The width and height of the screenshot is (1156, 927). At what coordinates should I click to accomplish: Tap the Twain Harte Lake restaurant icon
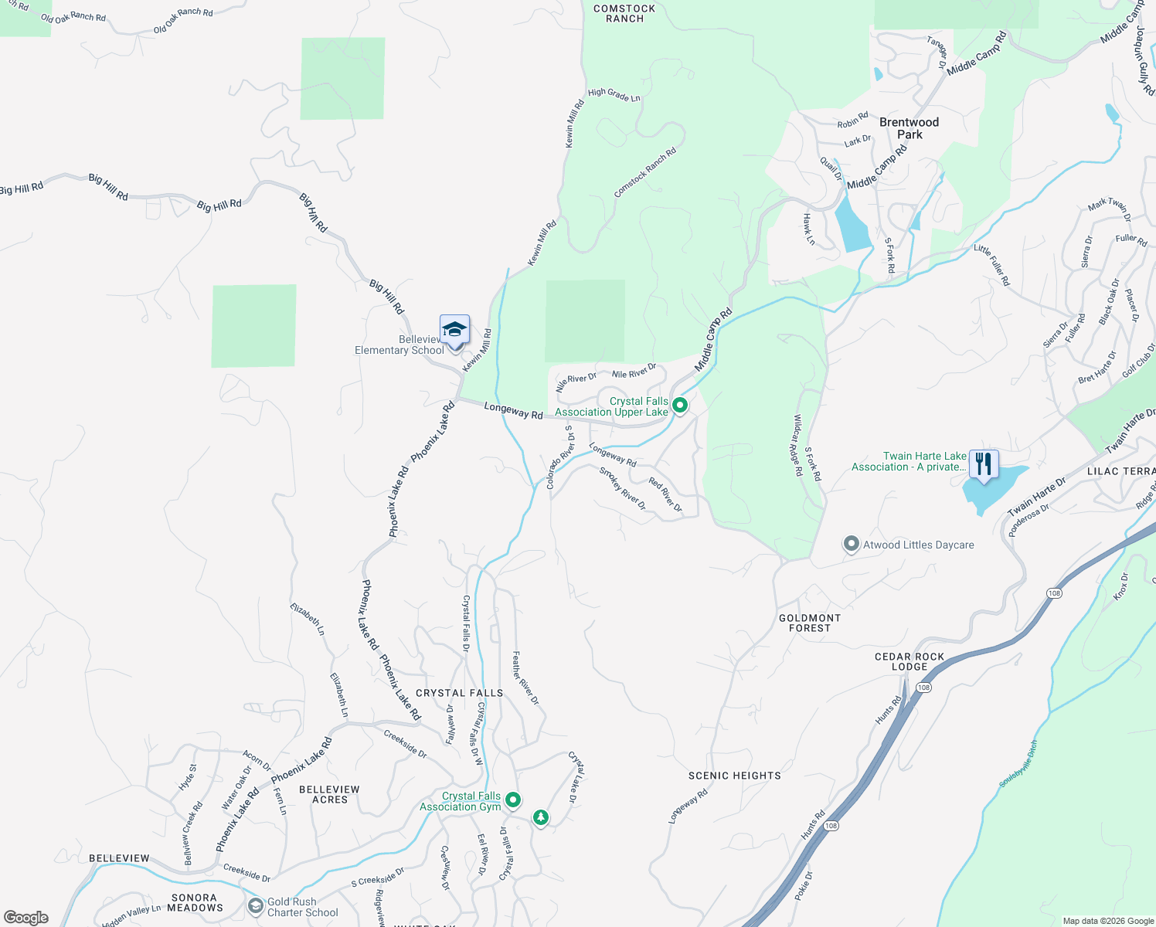tap(983, 464)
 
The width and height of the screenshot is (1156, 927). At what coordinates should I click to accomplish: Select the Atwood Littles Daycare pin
tap(851, 545)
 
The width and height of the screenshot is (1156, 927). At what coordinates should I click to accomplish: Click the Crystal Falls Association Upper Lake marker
tap(680, 405)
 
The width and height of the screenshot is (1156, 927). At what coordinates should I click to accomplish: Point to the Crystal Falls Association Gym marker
tap(512, 800)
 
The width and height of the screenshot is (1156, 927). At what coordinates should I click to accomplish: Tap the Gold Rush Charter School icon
tap(256, 905)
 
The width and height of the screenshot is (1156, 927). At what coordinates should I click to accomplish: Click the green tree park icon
tap(541, 817)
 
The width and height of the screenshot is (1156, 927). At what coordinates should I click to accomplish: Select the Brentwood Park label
tap(909, 128)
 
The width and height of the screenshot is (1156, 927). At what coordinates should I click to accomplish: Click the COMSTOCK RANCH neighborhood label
tap(624, 14)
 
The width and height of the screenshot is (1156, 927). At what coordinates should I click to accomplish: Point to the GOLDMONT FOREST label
tap(809, 623)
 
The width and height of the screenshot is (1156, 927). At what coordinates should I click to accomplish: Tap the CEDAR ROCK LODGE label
tap(909, 661)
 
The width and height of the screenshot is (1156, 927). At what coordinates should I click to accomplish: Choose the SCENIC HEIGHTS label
tap(734, 776)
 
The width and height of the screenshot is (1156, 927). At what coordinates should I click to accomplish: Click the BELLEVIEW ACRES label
tap(329, 794)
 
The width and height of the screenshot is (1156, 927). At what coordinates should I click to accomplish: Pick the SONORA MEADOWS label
tap(195, 902)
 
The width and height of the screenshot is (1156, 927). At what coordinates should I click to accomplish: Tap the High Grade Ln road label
tap(614, 95)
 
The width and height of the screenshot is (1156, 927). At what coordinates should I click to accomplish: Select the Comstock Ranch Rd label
tap(645, 171)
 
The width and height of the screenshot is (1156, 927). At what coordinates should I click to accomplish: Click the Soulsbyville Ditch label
tap(1018, 764)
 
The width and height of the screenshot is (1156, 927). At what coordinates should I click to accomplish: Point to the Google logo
tap(26, 917)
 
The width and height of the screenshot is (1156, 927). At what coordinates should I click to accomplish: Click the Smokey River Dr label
tap(623, 488)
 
